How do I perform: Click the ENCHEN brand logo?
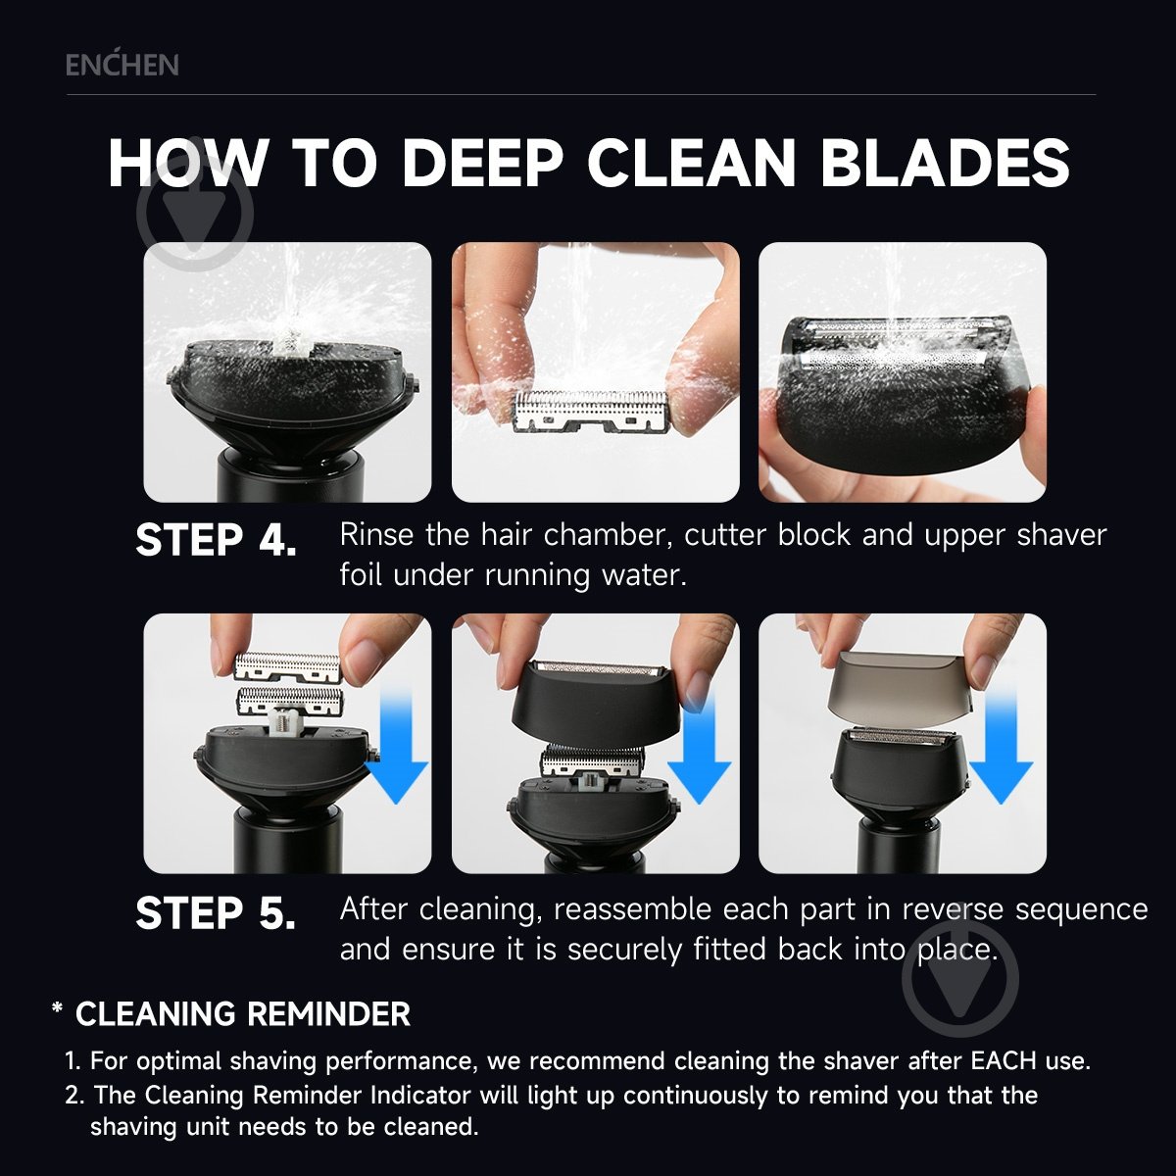click(122, 64)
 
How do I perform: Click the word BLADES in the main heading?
click(945, 163)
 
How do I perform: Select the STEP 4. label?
click(216, 540)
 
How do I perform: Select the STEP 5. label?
click(216, 913)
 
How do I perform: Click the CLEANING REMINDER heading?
click(243, 1014)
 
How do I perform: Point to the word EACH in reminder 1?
click(1004, 1061)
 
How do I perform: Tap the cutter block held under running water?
click(592, 412)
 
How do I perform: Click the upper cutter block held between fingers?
click(287, 667)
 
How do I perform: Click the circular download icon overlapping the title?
click(195, 213)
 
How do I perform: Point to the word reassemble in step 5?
click(633, 909)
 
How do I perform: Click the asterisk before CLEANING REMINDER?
click(58, 1009)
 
